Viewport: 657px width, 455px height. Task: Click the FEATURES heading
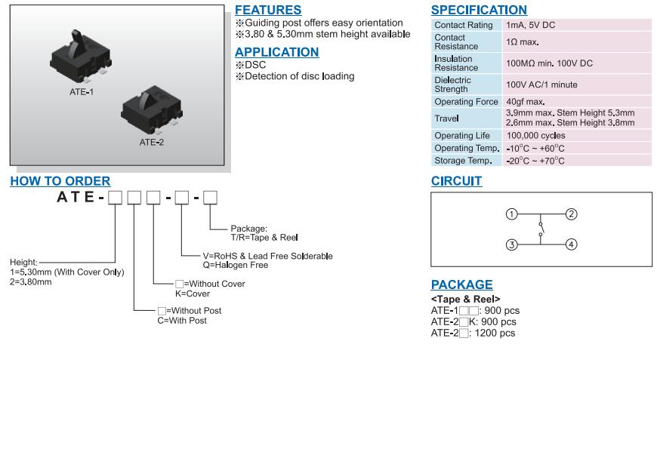pyautogui.click(x=268, y=10)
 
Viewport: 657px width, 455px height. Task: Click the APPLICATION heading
pyautogui.click(x=276, y=52)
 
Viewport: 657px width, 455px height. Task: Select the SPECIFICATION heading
pyautogui.click(x=479, y=10)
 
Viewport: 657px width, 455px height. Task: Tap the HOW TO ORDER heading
pyautogui.click(x=60, y=181)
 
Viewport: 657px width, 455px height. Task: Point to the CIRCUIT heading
pyautogui.click(x=456, y=181)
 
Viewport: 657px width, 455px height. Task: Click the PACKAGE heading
pyautogui.click(x=461, y=284)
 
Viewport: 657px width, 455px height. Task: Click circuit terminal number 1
pyautogui.click(x=511, y=214)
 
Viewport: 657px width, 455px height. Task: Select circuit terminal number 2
pyautogui.click(x=572, y=214)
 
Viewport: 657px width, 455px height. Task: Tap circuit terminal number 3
pyautogui.click(x=511, y=244)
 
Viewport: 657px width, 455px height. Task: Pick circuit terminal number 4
pyautogui.click(x=572, y=244)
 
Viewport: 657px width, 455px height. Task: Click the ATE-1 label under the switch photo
pyautogui.click(x=82, y=91)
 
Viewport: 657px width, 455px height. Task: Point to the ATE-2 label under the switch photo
pyautogui.click(x=151, y=142)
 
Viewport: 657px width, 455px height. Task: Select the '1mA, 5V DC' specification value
pyautogui.click(x=530, y=25)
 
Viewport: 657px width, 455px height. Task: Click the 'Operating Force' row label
pyautogui.click(x=466, y=102)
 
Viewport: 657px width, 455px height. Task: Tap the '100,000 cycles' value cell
pyautogui.click(x=535, y=136)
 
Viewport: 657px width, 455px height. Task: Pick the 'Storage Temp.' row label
pyautogui.click(x=463, y=161)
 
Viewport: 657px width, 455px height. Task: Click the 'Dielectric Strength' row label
pyautogui.click(x=452, y=85)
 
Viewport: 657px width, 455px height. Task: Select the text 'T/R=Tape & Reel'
pyautogui.click(x=264, y=238)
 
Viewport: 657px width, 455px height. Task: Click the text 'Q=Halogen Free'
pyautogui.click(x=235, y=265)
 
